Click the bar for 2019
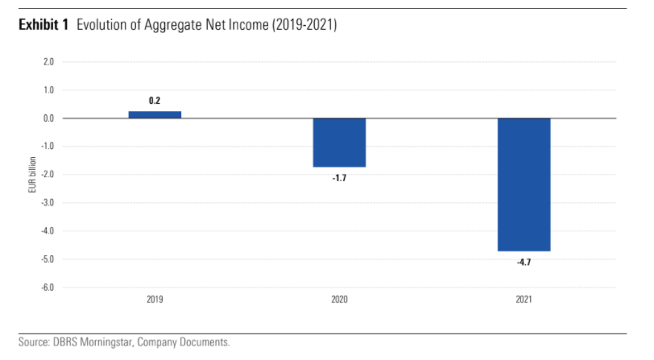155,114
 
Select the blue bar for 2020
339,143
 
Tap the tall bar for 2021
524,184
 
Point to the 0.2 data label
155,101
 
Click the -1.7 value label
339,177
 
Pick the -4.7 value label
524,262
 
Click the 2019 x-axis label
155,300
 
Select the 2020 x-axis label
339,300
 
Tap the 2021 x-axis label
524,300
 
